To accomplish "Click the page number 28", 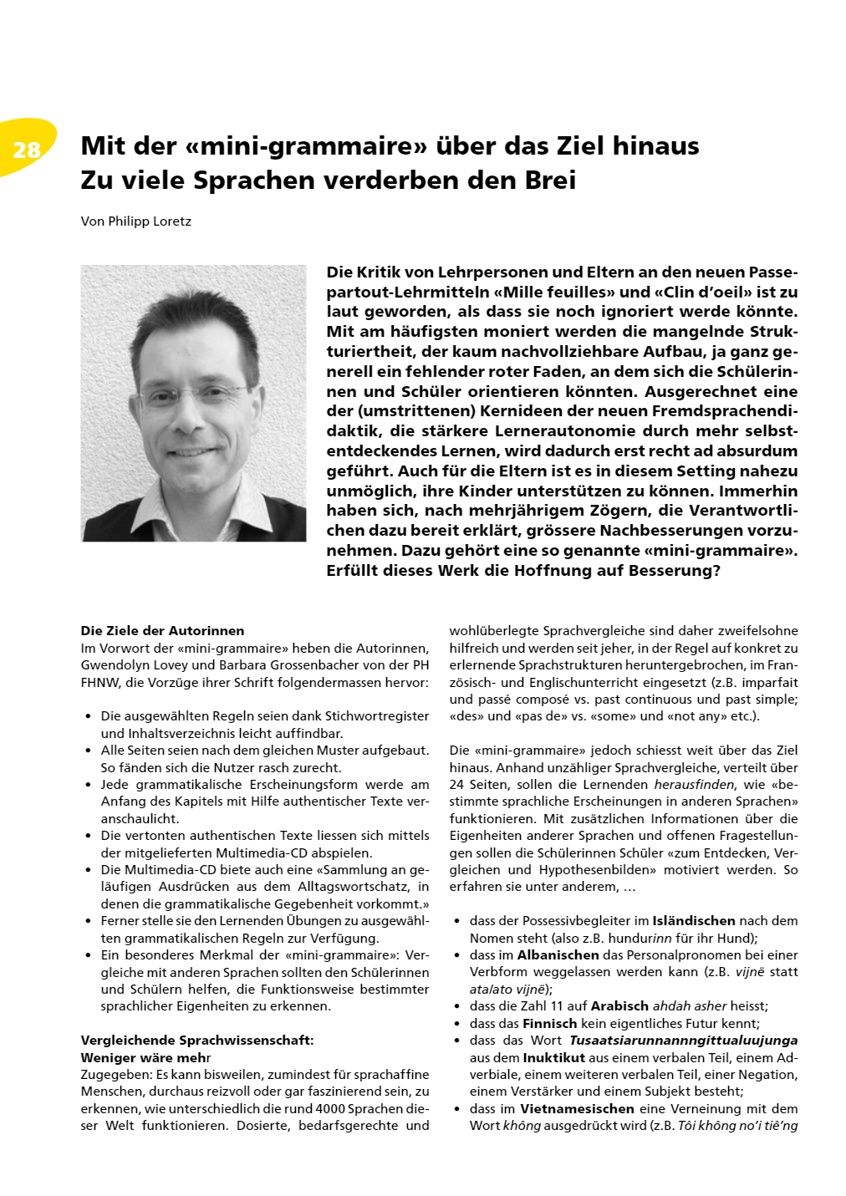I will click(x=27, y=150).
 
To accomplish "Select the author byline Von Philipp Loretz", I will click(x=136, y=221).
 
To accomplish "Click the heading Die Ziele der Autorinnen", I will click(x=162, y=631).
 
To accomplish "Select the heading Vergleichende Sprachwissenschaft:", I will click(x=197, y=1041).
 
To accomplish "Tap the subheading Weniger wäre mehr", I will click(x=145, y=1058).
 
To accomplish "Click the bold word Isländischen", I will click(x=694, y=921).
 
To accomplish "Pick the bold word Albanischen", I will click(x=558, y=955).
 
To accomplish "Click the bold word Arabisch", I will click(x=619, y=1006).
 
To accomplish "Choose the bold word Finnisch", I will click(x=550, y=1024).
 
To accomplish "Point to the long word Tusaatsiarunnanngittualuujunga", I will click(x=683, y=1041).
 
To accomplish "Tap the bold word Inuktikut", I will click(x=553, y=1058).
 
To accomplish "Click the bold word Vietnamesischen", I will click(x=577, y=1109).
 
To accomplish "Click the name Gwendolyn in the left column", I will click(x=114, y=665).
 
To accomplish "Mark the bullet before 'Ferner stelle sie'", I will click(x=89, y=921).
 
